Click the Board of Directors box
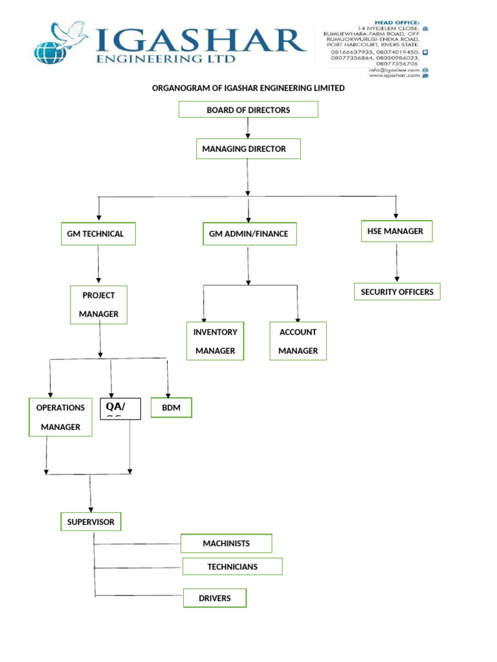[248, 110]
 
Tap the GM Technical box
[99, 234]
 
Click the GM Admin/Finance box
[248, 234]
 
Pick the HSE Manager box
[395, 231]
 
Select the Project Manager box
[98, 304]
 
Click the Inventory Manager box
[215, 341]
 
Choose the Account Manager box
[298, 341]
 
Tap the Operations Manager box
[60, 417]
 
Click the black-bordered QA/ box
[120, 409]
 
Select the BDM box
[171, 408]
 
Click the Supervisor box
[91, 522]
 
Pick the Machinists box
[226, 544]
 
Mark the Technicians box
[232, 567]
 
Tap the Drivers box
[215, 599]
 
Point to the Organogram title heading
[248, 88]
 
